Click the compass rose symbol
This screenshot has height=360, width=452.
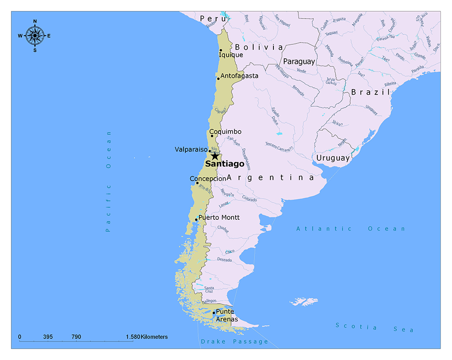pyautogui.click(x=35, y=35)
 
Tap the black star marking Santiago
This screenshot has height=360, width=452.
pyautogui.click(x=215, y=156)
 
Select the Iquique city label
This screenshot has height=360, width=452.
pyautogui.click(x=231, y=55)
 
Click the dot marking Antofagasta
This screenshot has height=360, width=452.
pyautogui.click(x=218, y=79)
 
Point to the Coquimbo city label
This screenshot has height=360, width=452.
pyautogui.click(x=225, y=132)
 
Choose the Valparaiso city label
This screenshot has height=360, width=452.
pyautogui.click(x=191, y=149)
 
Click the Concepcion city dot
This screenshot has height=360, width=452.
pyautogui.click(x=197, y=183)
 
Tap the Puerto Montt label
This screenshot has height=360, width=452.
pyautogui.click(x=219, y=218)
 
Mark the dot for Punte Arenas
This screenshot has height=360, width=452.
pyautogui.click(x=214, y=313)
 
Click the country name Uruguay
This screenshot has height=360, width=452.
pyautogui.click(x=333, y=158)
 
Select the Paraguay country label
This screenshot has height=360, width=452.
pyautogui.click(x=299, y=62)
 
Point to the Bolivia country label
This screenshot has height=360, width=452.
pyautogui.click(x=259, y=47)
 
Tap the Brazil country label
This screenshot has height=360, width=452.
pyautogui.click(x=370, y=92)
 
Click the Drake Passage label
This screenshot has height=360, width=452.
pyautogui.click(x=235, y=341)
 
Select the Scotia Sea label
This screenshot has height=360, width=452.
pyautogui.click(x=374, y=327)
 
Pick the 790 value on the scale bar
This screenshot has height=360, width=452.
pyautogui.click(x=76, y=337)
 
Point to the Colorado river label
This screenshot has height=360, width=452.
pyautogui.click(x=249, y=199)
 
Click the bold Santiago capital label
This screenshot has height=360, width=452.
pyautogui.click(x=224, y=164)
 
